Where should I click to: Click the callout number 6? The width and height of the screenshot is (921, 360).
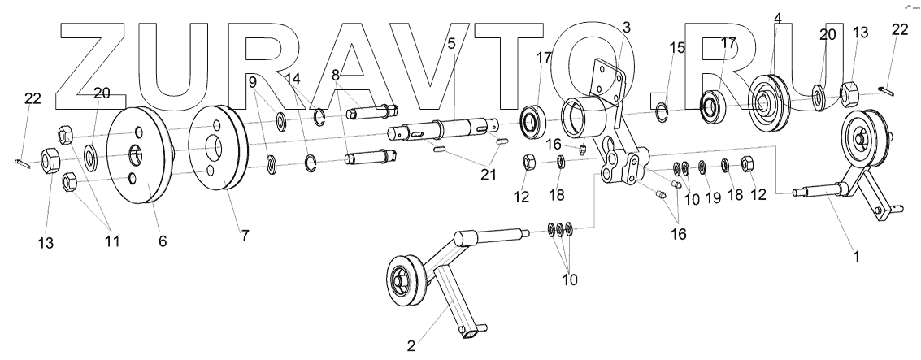163,241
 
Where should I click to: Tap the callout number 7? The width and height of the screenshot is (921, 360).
245,235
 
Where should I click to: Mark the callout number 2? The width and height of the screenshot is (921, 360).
411,345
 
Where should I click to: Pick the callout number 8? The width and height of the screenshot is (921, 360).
336,73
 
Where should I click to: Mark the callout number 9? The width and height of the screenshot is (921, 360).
253,81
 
